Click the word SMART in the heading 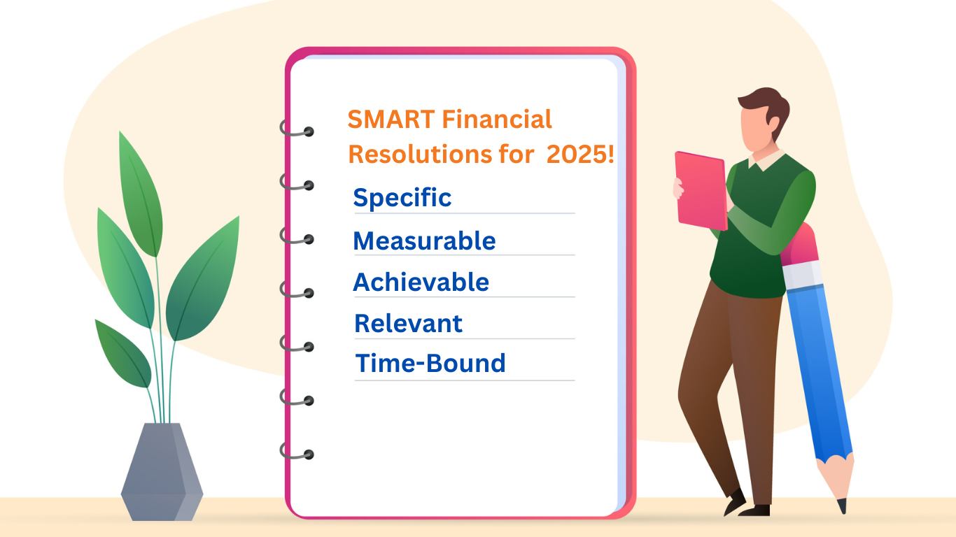click(x=391, y=119)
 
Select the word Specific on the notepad click(x=402, y=198)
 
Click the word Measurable click(x=424, y=241)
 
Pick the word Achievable click(x=421, y=282)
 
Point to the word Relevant click(x=408, y=323)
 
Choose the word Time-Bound click(x=430, y=363)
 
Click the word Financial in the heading click(x=497, y=119)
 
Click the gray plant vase click(x=162, y=471)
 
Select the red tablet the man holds click(x=701, y=191)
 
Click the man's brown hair click(x=767, y=110)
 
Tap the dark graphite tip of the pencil click(x=842, y=506)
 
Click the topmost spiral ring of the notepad click(x=297, y=129)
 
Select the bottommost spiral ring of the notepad click(x=297, y=452)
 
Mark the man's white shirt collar click(x=766, y=159)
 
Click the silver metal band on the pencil click(x=802, y=275)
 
